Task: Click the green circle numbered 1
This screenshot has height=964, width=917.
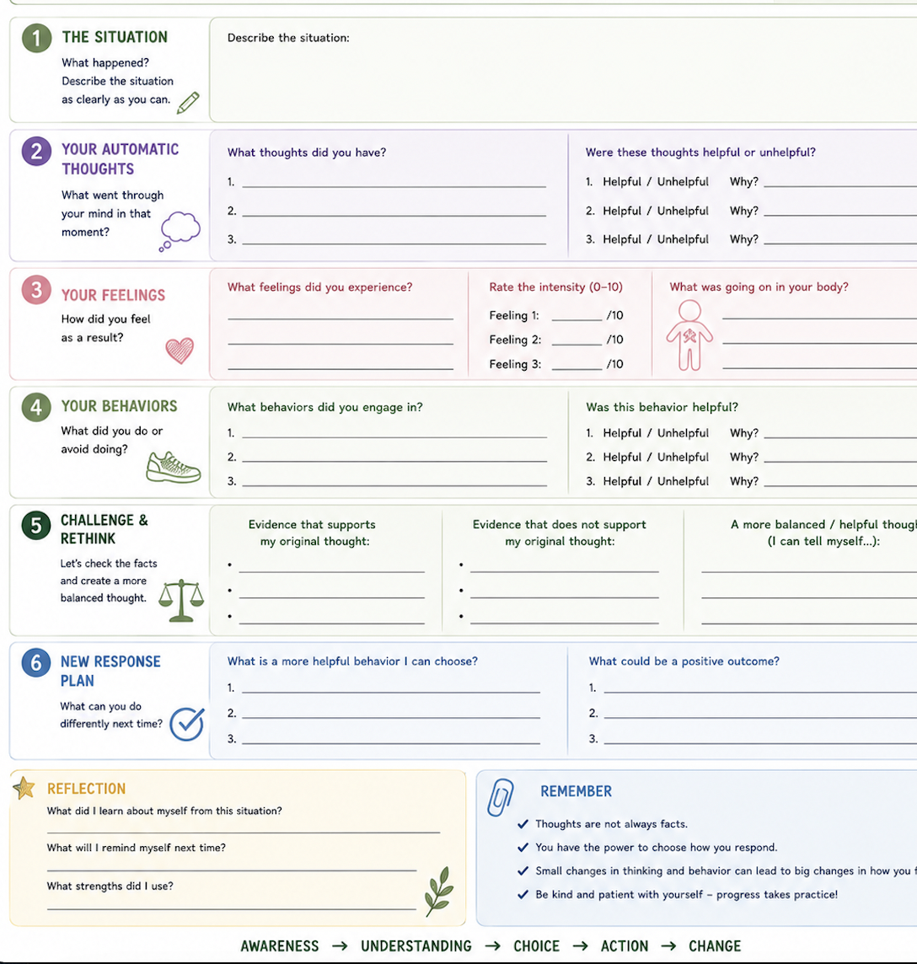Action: click(x=36, y=38)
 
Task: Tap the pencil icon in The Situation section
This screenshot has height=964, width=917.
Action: click(x=188, y=103)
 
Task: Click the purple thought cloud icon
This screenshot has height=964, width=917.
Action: click(x=180, y=231)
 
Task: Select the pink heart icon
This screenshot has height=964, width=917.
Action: click(x=180, y=351)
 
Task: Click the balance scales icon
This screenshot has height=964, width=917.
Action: click(x=181, y=601)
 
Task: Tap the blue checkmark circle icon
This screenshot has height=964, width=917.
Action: click(x=187, y=724)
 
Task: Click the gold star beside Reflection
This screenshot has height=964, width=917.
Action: click(x=24, y=788)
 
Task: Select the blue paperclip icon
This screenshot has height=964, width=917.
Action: click(x=500, y=797)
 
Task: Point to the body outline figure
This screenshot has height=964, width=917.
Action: click(x=689, y=335)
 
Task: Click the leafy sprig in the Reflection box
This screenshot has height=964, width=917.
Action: click(x=439, y=892)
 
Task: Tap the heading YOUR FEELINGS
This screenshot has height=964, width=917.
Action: click(x=113, y=296)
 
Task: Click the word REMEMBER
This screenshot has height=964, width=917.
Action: click(x=576, y=791)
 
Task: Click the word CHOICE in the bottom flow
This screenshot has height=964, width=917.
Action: click(x=537, y=946)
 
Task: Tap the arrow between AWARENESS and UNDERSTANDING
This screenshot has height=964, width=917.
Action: click(x=341, y=946)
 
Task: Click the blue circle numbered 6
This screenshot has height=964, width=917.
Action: click(x=36, y=662)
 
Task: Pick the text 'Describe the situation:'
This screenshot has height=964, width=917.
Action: click(x=288, y=38)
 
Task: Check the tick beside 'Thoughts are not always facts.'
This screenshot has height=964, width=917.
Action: click(x=523, y=824)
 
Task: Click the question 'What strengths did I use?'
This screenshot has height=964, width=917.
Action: click(x=110, y=886)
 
